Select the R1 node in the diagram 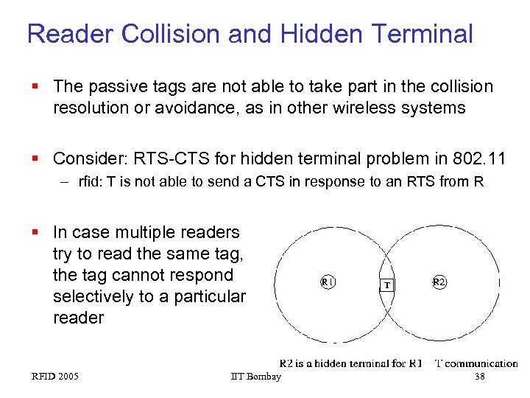tap(328, 282)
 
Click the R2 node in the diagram tap(439, 282)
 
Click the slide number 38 tap(480, 377)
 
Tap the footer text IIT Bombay tap(255, 377)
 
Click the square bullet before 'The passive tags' tap(35, 87)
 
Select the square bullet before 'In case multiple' tap(35, 233)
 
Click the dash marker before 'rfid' tap(66, 181)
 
